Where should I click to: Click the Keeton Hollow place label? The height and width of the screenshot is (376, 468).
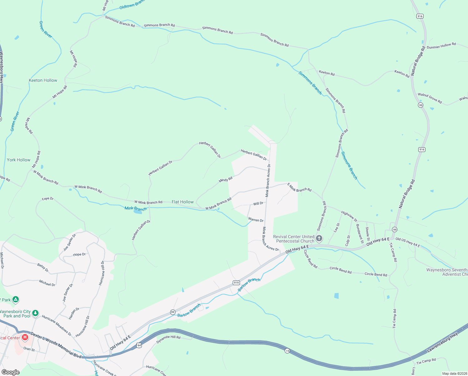click(x=43, y=81)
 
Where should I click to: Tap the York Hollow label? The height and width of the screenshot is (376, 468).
click(x=19, y=160)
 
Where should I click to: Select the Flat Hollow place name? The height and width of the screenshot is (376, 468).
click(x=183, y=202)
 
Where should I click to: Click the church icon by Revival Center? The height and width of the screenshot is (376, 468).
click(x=319, y=239)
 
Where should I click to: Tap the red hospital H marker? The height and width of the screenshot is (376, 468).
click(x=25, y=337)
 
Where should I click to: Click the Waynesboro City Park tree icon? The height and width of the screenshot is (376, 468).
click(x=36, y=313)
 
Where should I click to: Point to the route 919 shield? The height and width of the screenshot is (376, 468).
click(x=236, y=283)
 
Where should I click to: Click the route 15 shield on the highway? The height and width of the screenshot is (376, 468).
click(x=287, y=351)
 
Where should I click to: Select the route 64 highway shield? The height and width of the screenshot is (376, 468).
click(x=139, y=345)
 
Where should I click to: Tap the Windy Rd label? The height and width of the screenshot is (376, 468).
click(x=226, y=180)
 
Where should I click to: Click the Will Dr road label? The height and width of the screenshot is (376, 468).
click(x=258, y=204)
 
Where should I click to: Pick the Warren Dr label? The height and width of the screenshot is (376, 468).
click(x=256, y=220)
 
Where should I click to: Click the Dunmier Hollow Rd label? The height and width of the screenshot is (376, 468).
click(x=441, y=46)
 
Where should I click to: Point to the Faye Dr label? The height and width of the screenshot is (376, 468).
click(x=48, y=199)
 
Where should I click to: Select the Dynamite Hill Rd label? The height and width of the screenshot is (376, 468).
click(x=169, y=339)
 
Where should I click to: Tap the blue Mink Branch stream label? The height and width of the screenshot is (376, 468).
click(x=135, y=209)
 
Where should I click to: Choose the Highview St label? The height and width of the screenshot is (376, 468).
click(x=349, y=217)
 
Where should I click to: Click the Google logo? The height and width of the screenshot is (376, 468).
click(x=11, y=372)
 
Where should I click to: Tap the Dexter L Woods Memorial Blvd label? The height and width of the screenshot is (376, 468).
click(x=56, y=346)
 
